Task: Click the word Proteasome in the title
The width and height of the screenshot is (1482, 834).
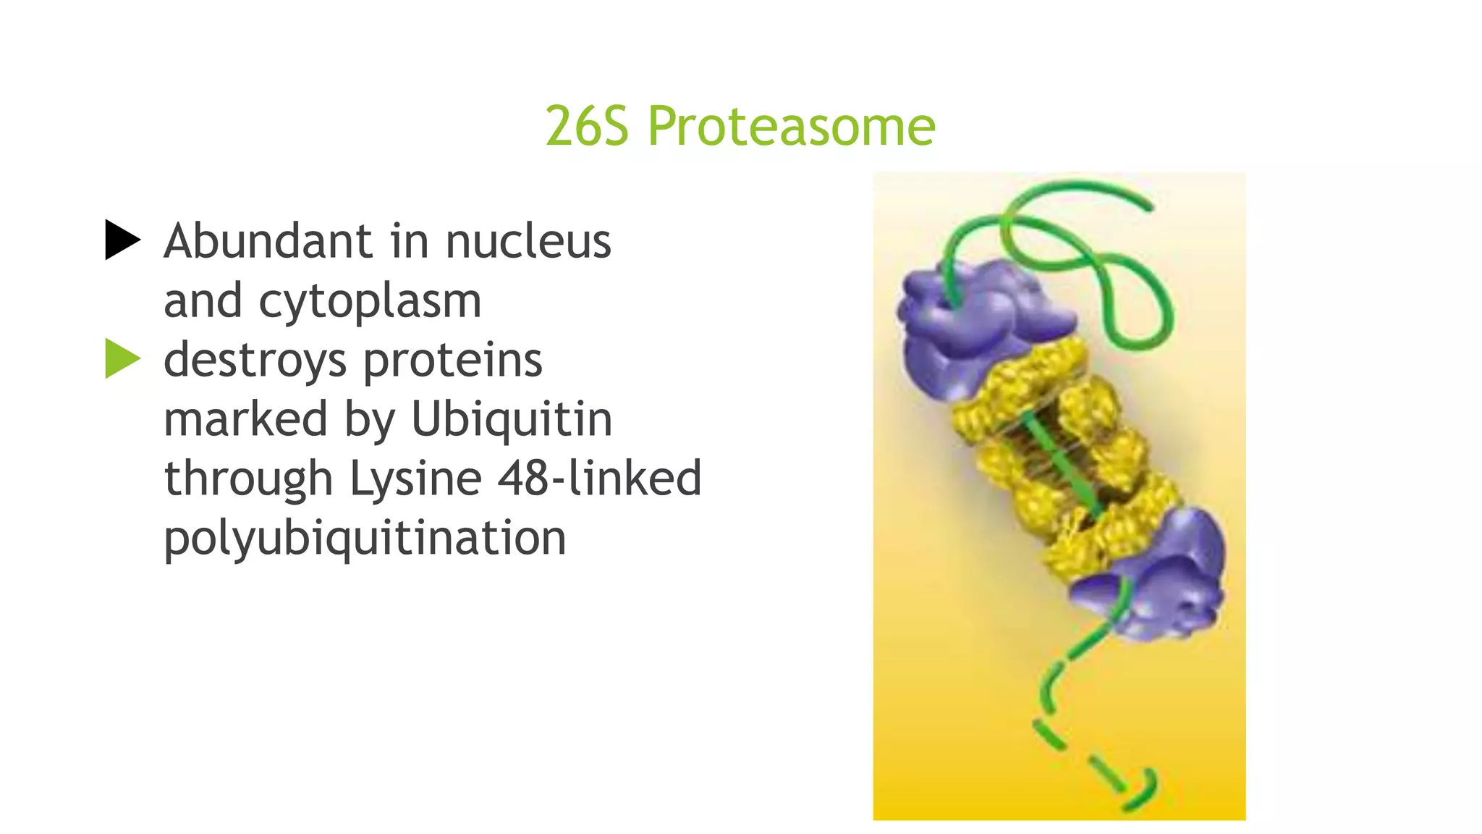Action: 792,126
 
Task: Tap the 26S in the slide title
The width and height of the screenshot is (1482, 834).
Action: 587,126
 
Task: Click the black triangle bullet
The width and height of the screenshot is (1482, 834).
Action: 122,240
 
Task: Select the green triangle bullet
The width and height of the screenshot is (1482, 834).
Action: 122,358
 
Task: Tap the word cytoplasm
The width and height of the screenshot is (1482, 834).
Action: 370,302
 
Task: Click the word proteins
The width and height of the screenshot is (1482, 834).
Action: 452,361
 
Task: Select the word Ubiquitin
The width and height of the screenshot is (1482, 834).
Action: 512,419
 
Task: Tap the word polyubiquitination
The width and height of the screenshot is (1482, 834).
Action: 365,539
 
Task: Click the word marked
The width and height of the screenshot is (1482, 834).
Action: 245,419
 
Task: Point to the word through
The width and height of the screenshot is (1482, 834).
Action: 247,479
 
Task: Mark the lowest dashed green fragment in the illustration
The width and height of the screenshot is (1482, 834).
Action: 1140,793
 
